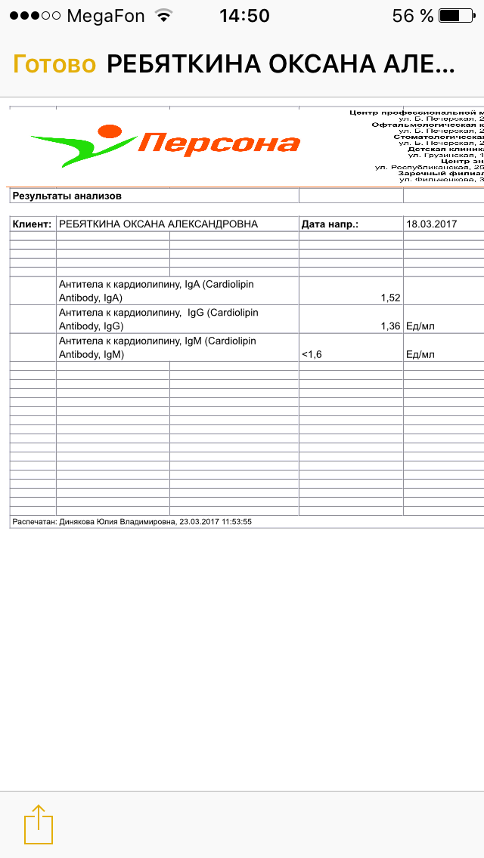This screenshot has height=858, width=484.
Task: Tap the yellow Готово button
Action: pyautogui.click(x=54, y=65)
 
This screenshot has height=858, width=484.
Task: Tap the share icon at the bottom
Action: pyautogui.click(x=39, y=824)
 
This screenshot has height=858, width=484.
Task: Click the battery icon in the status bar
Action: pyautogui.click(x=458, y=16)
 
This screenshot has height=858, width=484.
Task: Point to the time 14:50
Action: pyautogui.click(x=244, y=16)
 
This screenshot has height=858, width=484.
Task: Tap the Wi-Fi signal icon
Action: pyautogui.click(x=163, y=16)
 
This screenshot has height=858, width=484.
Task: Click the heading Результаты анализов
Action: pyautogui.click(x=67, y=196)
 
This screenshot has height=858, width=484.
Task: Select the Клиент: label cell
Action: pyautogui.click(x=33, y=224)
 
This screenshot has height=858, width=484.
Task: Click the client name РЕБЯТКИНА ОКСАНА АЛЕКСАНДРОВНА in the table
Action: pyautogui.click(x=158, y=224)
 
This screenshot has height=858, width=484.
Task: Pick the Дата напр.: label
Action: pyautogui.click(x=330, y=224)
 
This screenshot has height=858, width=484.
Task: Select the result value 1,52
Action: pyautogui.click(x=390, y=298)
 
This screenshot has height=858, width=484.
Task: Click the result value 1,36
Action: pyautogui.click(x=390, y=326)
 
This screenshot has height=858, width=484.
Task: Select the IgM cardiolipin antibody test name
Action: pyautogui.click(x=157, y=347)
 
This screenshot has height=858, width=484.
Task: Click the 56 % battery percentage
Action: pyautogui.click(x=413, y=16)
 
